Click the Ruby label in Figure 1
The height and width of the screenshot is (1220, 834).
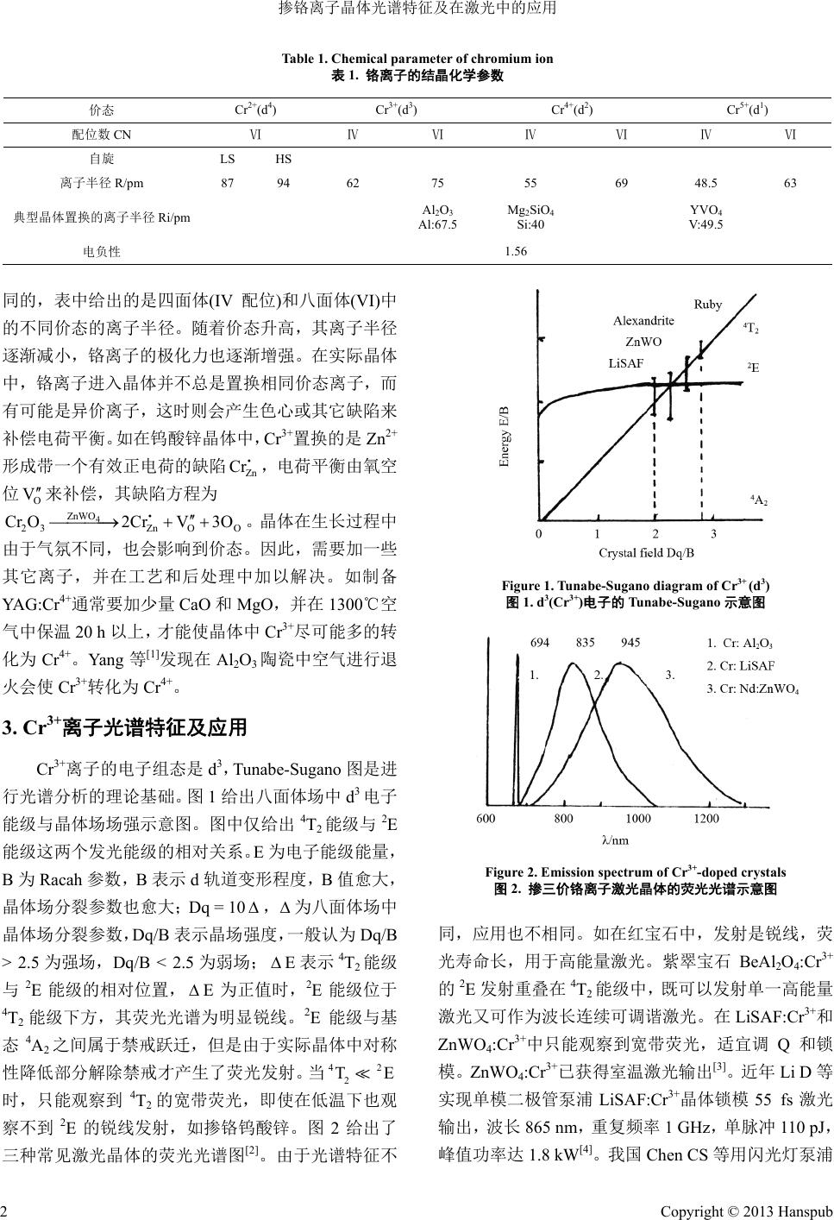coord(708,305)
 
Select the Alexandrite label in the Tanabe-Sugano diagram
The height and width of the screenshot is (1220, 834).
coord(643,320)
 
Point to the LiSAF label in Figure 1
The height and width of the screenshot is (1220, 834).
coord(625,363)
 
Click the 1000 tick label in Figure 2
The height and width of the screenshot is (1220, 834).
coord(638,819)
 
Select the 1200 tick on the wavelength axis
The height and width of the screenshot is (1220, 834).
coord(705,819)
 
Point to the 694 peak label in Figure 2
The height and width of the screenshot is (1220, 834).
coord(540,642)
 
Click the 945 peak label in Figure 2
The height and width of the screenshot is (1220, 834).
coord(630,642)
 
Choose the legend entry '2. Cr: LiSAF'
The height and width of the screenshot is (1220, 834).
coord(740,665)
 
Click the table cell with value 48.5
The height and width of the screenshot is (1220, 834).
coord(705,183)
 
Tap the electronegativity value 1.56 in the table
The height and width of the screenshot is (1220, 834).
coord(514,252)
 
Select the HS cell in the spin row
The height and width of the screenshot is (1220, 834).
coord(283,159)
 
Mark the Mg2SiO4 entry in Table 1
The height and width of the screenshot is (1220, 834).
coord(531,211)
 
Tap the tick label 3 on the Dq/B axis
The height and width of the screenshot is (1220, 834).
coord(713,534)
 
